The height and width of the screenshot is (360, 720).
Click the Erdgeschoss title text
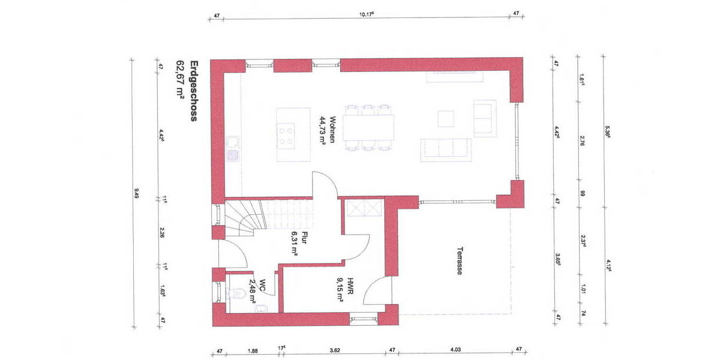[x=193, y=91]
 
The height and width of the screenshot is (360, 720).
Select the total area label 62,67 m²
[x=179, y=78]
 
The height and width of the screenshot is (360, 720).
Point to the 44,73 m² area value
[x=322, y=130]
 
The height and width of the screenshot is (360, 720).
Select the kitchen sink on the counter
[x=232, y=148]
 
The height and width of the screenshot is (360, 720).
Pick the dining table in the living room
[x=368, y=127]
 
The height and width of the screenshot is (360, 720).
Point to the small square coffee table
[x=446, y=119]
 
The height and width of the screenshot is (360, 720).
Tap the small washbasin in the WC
[x=261, y=308]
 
